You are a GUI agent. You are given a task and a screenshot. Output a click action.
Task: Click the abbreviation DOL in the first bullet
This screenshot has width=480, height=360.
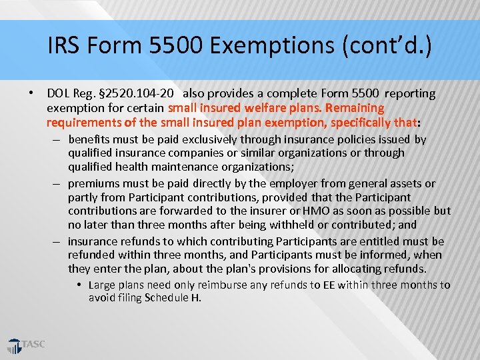[x=58, y=93]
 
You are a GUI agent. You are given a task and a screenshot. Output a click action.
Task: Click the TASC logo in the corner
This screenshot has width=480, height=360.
[x=26, y=345]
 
